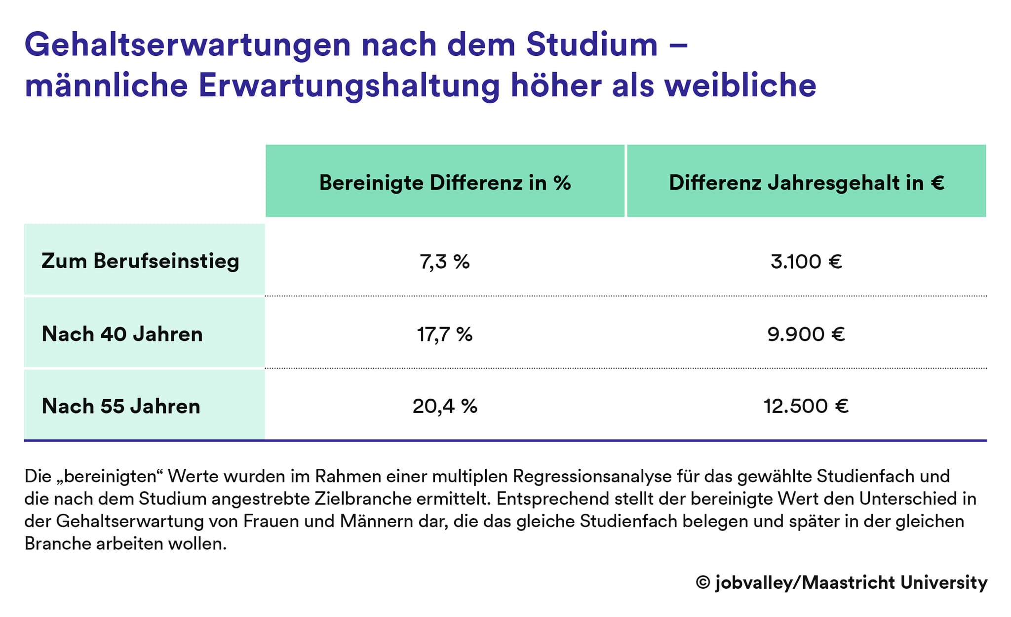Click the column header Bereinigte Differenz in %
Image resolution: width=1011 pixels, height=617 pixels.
click(445, 183)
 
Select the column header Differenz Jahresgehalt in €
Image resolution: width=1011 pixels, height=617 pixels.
click(806, 183)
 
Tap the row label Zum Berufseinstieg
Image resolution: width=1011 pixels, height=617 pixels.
click(140, 261)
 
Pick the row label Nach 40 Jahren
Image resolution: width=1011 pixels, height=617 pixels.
click(122, 334)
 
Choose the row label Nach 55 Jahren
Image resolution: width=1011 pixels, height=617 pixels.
click(121, 406)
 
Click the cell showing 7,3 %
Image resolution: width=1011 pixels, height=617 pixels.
click(445, 261)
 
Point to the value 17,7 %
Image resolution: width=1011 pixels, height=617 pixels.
click(445, 334)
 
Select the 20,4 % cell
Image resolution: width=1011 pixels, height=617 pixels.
click(445, 406)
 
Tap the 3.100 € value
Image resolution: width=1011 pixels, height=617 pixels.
click(806, 261)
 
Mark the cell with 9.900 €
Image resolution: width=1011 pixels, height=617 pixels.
click(806, 334)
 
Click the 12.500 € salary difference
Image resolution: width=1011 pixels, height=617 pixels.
click(806, 406)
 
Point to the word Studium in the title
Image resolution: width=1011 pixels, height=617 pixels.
click(591, 44)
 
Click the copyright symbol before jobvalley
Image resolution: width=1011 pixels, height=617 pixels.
click(702, 582)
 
